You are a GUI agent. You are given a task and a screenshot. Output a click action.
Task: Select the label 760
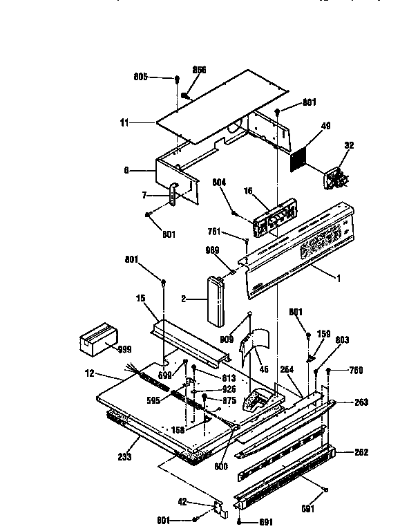click(356, 370)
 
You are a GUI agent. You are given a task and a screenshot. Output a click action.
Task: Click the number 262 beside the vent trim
click(361, 452)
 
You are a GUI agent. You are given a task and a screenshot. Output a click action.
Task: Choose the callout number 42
click(201, 503)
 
